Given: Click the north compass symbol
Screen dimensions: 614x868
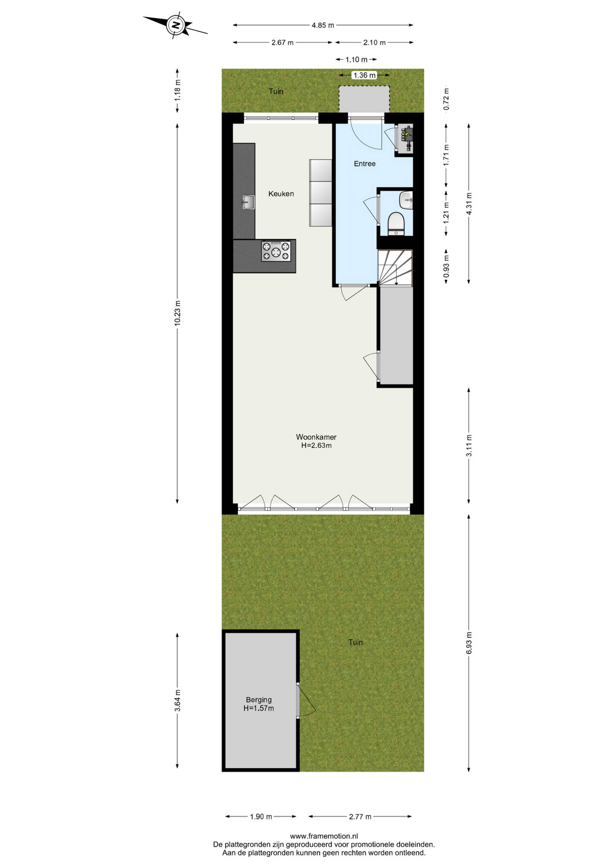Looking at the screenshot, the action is tap(176, 26).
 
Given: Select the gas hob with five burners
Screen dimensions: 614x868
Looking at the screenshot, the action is tap(276, 251).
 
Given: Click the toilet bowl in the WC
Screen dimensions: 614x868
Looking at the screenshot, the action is tap(397, 224).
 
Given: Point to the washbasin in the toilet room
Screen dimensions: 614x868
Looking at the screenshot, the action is tap(406, 200).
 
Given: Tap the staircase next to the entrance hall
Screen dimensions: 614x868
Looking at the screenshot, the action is tap(395, 268).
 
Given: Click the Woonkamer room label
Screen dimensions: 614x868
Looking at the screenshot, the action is tap(316, 437).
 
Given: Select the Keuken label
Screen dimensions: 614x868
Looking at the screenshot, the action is tap(281, 194).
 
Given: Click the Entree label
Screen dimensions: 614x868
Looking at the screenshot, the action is tap(365, 164).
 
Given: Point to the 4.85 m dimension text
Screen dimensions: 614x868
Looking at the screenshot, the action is tap(323, 25).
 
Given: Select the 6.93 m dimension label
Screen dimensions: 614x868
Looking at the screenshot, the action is tap(469, 643).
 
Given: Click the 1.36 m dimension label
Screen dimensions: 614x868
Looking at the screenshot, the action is tap(365, 75).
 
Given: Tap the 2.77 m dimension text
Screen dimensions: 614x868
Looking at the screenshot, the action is tap(360, 817).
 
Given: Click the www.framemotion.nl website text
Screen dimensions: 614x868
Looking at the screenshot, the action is tap(324, 836).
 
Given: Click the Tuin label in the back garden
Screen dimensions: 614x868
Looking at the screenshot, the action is tap(355, 642).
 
